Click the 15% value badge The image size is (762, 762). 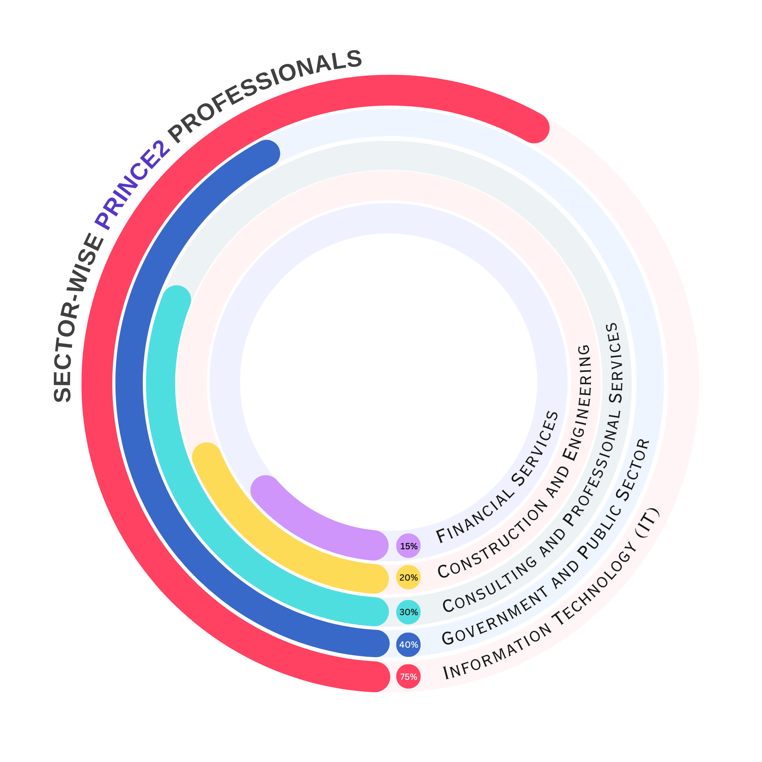408,546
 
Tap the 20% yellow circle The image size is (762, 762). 408,577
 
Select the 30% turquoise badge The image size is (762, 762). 408,612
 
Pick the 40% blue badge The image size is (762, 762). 408,645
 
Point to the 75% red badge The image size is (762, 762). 408,676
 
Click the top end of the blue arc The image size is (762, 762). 265,154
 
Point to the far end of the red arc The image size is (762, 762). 534,128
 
